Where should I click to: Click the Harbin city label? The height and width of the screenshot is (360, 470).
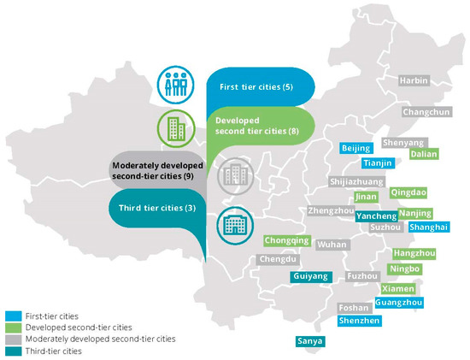pos(413,80)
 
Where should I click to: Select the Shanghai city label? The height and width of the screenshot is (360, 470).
pos(428,227)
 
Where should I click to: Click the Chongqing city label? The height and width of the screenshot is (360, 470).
pos(287,241)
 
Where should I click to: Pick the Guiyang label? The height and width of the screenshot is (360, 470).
pos(310,277)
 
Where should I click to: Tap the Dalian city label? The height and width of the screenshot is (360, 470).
pos(424,155)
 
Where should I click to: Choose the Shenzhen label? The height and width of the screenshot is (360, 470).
pos(359,321)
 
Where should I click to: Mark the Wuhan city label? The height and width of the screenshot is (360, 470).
pos(332,245)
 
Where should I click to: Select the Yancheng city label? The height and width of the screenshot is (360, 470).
pos(377,216)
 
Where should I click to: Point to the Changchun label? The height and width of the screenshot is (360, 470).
pos(426,112)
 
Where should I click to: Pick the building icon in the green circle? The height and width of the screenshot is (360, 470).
pos(173,130)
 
